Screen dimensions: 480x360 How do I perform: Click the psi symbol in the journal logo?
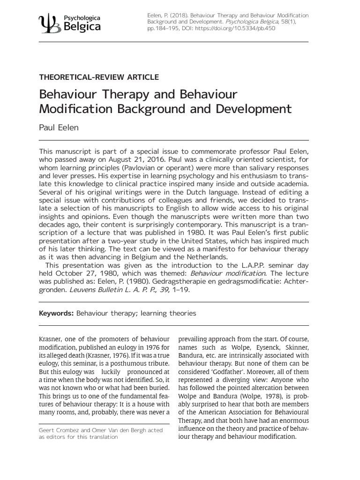coord(49,22)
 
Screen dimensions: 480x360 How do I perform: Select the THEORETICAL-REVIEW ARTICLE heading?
coord(99,77)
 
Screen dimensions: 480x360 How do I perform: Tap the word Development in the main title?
coord(252,109)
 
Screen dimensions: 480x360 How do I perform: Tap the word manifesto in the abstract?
coord(204,249)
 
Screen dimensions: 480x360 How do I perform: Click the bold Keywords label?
coord(56,313)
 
